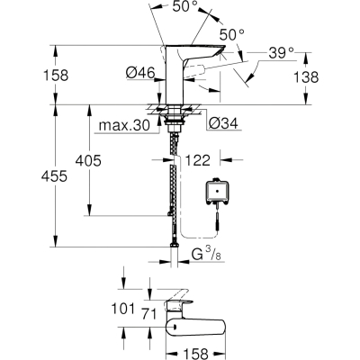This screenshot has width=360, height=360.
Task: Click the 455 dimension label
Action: (54, 176)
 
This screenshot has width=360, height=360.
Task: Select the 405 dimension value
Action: (88, 161)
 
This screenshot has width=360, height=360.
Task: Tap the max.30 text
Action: (124, 125)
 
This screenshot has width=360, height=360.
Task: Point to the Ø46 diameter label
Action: (140, 73)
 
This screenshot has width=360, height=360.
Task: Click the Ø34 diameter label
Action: (223, 123)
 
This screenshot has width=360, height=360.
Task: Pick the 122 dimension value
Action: (197, 160)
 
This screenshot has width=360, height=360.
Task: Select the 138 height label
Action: (306, 77)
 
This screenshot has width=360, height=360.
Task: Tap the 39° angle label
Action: (281, 53)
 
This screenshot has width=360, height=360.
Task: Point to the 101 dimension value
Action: (122, 309)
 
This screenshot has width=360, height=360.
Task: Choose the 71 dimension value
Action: (149, 314)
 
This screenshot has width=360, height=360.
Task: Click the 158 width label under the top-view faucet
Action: (195, 354)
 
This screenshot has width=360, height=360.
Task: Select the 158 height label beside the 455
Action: (56, 76)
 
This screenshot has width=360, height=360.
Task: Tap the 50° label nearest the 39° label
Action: (231, 35)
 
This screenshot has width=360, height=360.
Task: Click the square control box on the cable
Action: (217, 191)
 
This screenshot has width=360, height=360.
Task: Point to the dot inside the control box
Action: (217, 191)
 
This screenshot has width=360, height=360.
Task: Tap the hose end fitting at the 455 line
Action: (174, 245)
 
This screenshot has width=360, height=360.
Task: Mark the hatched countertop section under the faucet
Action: (174, 109)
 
